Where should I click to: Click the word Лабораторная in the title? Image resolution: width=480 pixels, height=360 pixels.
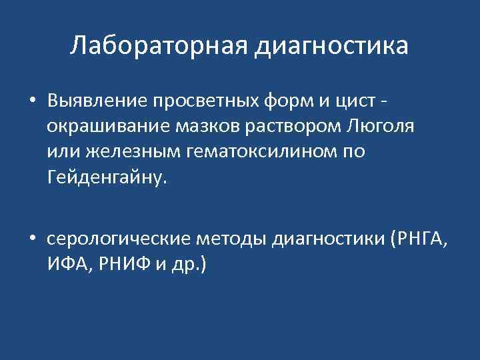[157, 46]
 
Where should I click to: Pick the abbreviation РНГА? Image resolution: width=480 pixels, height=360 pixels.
[423, 239]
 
